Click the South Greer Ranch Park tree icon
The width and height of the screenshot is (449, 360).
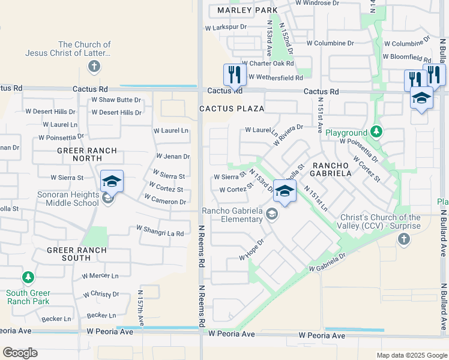point(28,277)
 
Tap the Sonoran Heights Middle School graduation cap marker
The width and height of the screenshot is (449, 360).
point(112,181)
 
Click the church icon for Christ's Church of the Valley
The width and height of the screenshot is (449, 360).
point(404,239)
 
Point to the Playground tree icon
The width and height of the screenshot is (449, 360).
point(376,131)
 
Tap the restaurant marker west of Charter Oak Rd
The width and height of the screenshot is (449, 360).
point(234,75)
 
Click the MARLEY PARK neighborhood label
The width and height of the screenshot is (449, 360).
point(247,10)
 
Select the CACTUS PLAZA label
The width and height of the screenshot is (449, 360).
point(232,109)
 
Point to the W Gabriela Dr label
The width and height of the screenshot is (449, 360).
point(327,262)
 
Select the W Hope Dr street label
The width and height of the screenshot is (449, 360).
point(252,250)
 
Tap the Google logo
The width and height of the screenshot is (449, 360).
point(20,353)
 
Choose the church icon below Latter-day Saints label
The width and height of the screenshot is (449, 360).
point(94,66)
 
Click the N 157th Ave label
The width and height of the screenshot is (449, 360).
point(140,308)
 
